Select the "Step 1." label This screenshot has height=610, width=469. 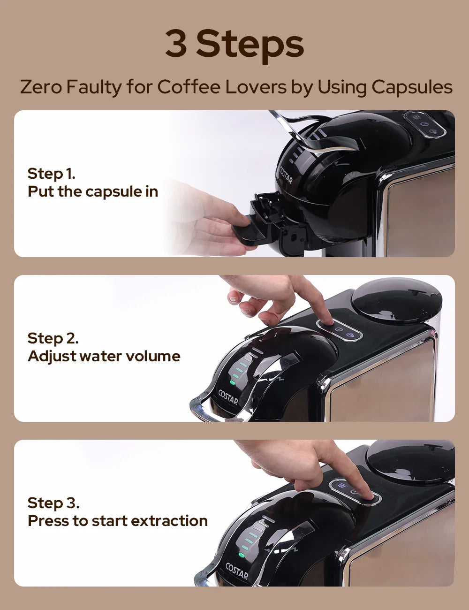[x=51, y=173]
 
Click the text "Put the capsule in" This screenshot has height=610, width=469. [x=92, y=191]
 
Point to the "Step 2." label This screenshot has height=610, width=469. [x=53, y=338]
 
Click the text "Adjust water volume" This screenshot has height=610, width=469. [x=104, y=356]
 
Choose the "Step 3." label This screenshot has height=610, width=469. [x=53, y=503]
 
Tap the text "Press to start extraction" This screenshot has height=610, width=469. [x=117, y=521]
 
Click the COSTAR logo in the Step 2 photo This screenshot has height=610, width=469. [x=228, y=398]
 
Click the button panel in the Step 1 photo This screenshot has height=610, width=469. [x=425, y=124]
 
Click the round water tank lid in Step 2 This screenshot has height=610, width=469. [x=396, y=300]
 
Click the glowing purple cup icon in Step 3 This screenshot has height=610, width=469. [x=342, y=485]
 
